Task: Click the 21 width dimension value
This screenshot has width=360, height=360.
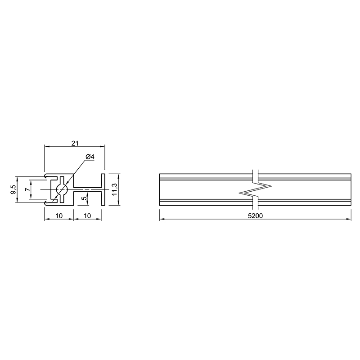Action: tap(75, 143)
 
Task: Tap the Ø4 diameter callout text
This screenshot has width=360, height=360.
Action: tap(90, 157)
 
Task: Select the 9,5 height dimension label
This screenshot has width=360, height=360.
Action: tap(13, 189)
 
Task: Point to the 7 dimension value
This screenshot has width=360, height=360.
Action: tap(27, 189)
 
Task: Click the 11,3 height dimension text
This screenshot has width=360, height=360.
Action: tap(114, 189)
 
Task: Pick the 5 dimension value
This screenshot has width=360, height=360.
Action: tap(85, 198)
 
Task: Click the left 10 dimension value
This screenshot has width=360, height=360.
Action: tap(59, 216)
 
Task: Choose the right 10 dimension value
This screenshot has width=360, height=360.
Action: tap(87, 216)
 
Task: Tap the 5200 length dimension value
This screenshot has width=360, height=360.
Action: tap(255, 216)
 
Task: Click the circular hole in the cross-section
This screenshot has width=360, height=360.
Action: tap(62, 189)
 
